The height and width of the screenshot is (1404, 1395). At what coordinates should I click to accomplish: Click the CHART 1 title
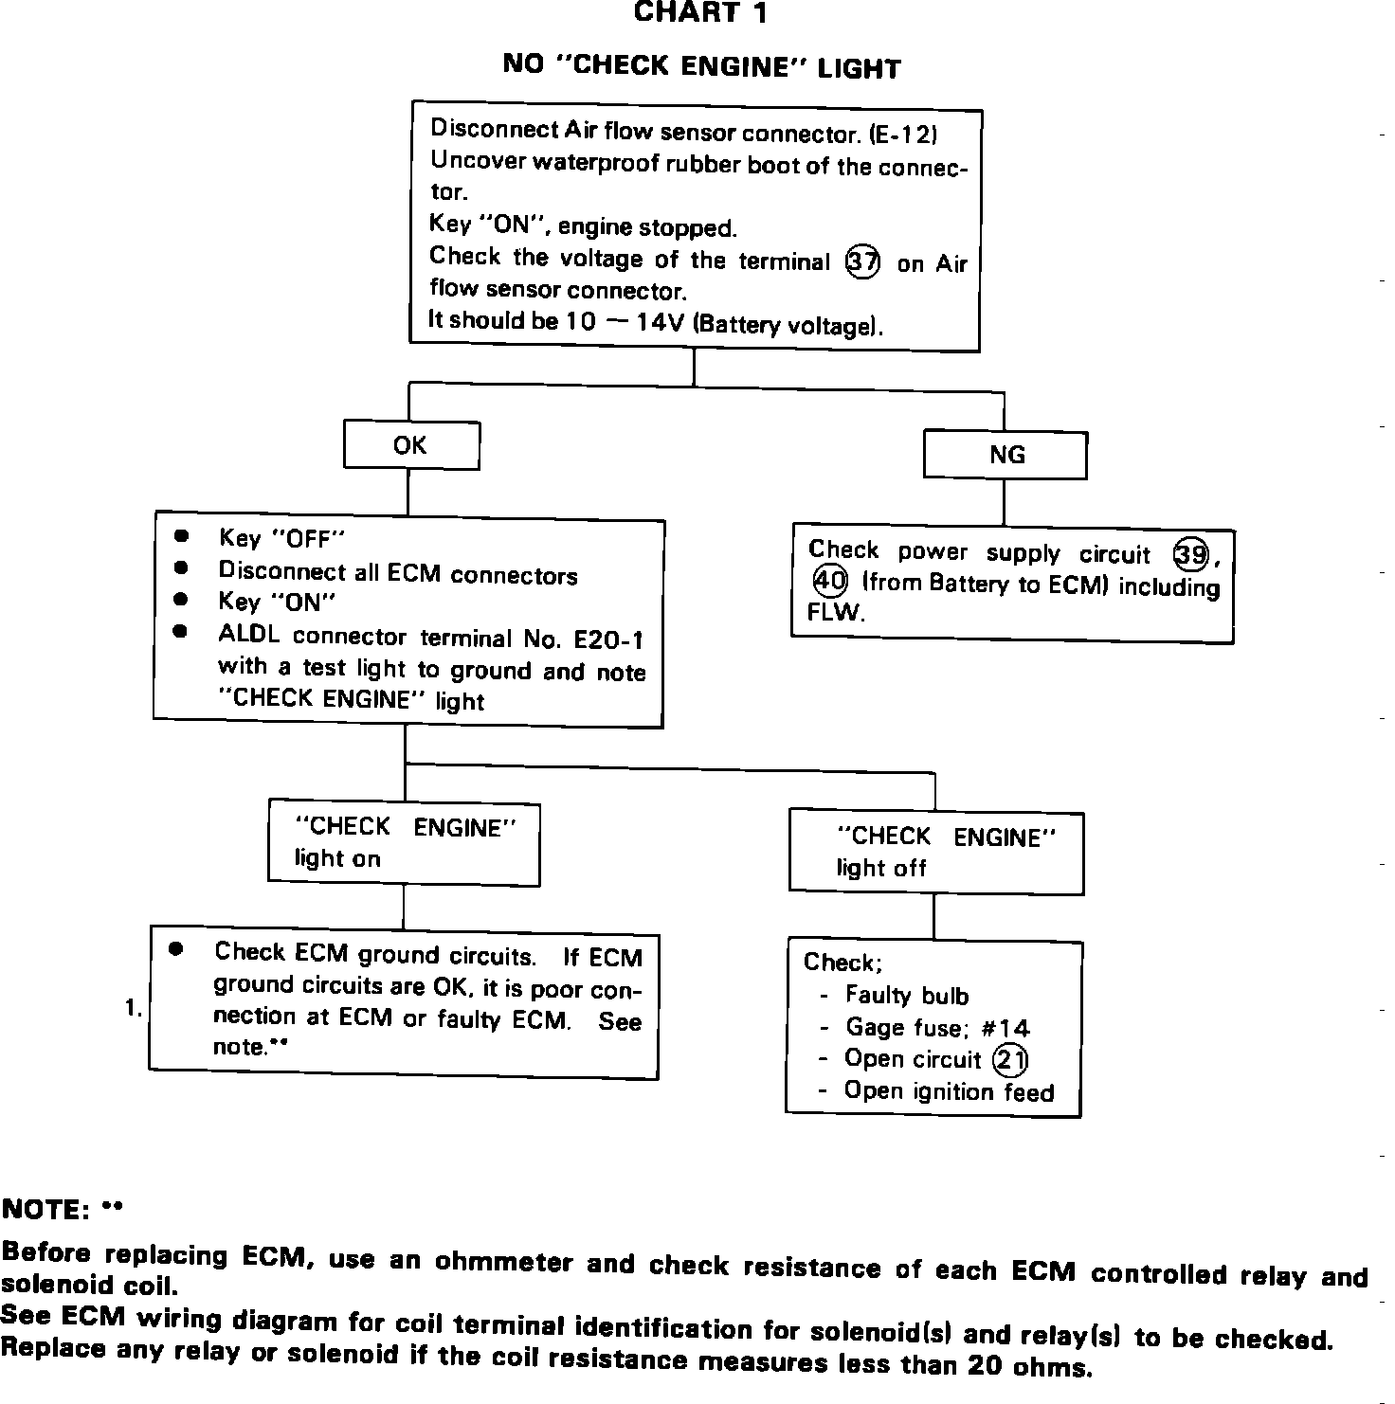pos(700,13)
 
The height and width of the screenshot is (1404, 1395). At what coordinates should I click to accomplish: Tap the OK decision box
pos(410,445)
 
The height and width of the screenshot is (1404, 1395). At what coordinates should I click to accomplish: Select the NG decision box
pos(1005,456)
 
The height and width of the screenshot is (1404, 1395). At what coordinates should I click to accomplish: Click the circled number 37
pos(861,261)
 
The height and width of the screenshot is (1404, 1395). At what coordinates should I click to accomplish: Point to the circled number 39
pos(1190,554)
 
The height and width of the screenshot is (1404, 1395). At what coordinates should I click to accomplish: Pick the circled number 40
pos(829,580)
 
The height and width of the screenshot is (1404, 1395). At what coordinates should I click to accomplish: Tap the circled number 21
pos(1010,1060)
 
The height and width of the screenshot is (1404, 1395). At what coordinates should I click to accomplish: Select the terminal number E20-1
pos(609,639)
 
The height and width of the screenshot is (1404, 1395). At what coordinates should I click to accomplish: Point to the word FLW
pos(836,612)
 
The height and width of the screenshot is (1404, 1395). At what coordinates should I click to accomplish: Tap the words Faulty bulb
pos(907,996)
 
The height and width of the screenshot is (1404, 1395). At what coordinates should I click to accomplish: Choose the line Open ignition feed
pos(949,1092)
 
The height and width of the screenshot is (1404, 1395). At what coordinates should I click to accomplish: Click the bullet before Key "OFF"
pos(181,536)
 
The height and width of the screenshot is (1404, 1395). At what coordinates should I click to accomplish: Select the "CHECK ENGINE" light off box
pos(935,853)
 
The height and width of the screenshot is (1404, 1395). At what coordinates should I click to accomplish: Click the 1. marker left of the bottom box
pos(134,1009)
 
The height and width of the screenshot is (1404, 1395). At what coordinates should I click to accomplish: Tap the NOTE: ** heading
pos(63,1210)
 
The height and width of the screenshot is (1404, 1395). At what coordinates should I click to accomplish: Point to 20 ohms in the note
pos(1029,1366)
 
